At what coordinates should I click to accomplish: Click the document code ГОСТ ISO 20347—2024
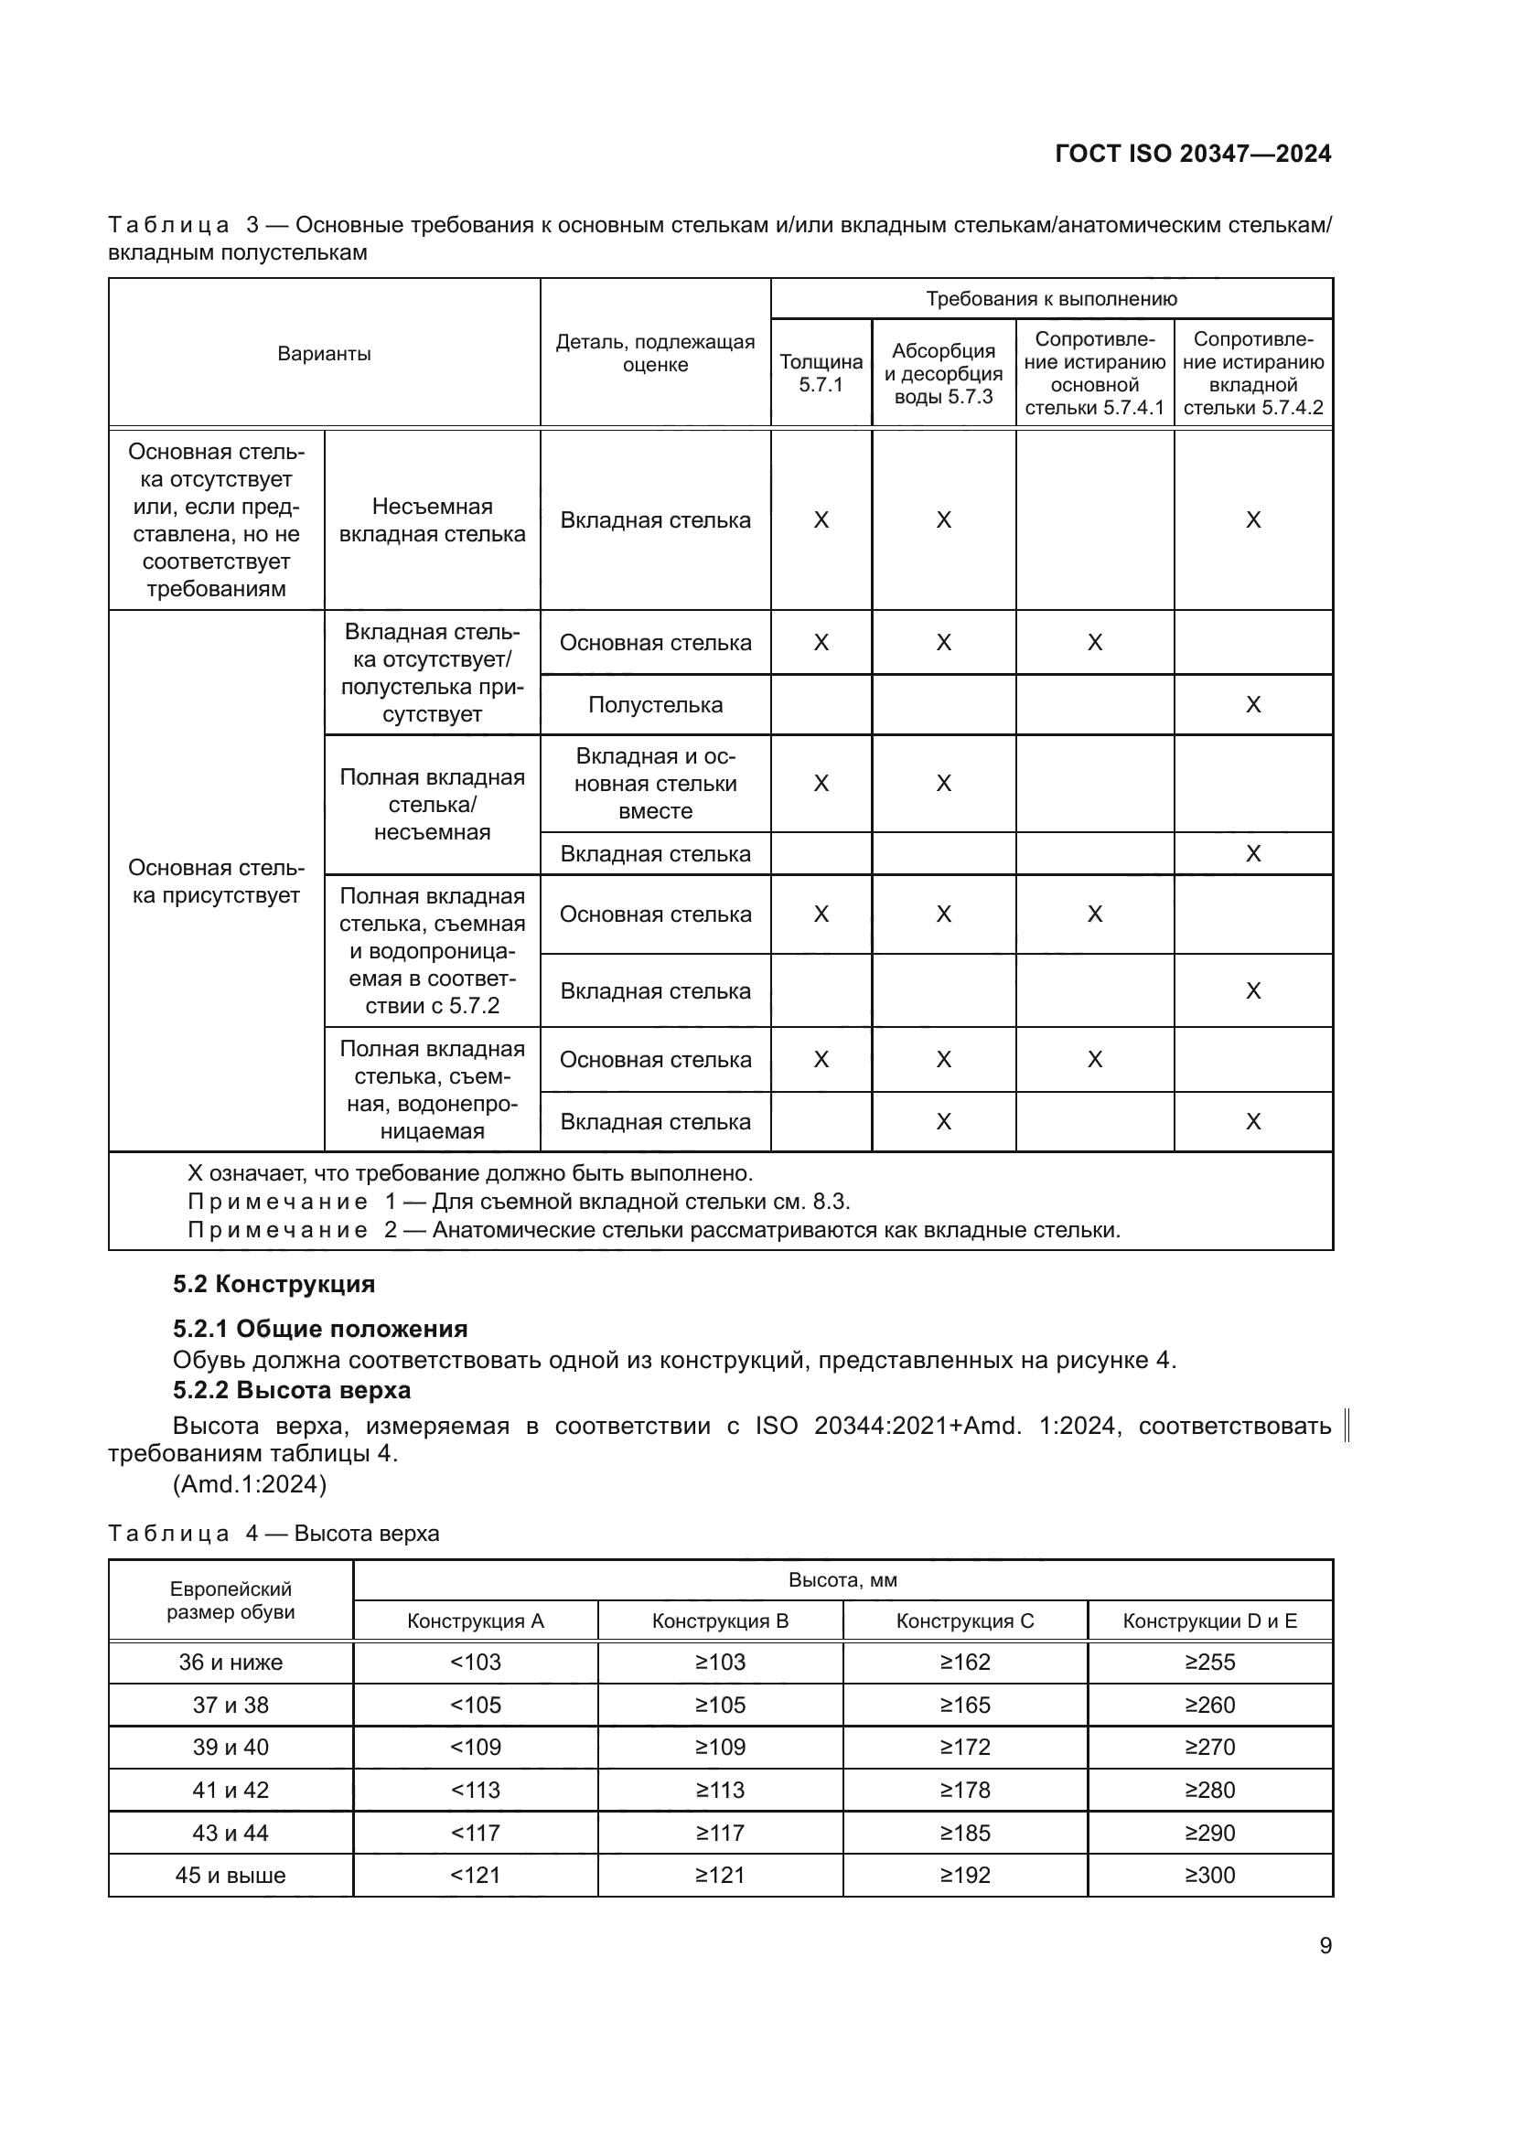(x=1193, y=154)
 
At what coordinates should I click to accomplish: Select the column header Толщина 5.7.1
(x=821, y=372)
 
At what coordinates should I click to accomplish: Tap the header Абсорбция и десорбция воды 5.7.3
(x=943, y=372)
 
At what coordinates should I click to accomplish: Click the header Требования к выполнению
(x=1051, y=299)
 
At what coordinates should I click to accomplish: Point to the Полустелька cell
(x=655, y=705)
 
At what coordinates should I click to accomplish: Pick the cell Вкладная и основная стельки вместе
(x=655, y=784)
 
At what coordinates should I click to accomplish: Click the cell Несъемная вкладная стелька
(x=433, y=519)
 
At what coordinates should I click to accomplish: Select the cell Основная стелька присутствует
(x=216, y=882)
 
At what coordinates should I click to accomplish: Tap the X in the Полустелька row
(x=1253, y=705)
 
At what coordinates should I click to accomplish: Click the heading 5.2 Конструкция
(x=274, y=1284)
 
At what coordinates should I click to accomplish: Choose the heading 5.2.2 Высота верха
(x=292, y=1390)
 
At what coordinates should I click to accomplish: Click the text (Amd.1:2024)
(x=250, y=1484)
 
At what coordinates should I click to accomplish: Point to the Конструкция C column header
(x=964, y=1621)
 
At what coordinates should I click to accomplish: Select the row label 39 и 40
(x=231, y=1748)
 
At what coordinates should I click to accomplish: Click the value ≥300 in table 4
(x=1209, y=1876)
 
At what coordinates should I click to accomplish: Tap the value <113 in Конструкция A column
(x=475, y=1790)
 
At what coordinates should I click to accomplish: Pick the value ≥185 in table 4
(x=964, y=1833)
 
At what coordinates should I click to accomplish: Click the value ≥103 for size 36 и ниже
(x=720, y=1662)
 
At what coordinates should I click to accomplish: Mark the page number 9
(x=1325, y=1946)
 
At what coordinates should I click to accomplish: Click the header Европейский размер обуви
(x=231, y=1600)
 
